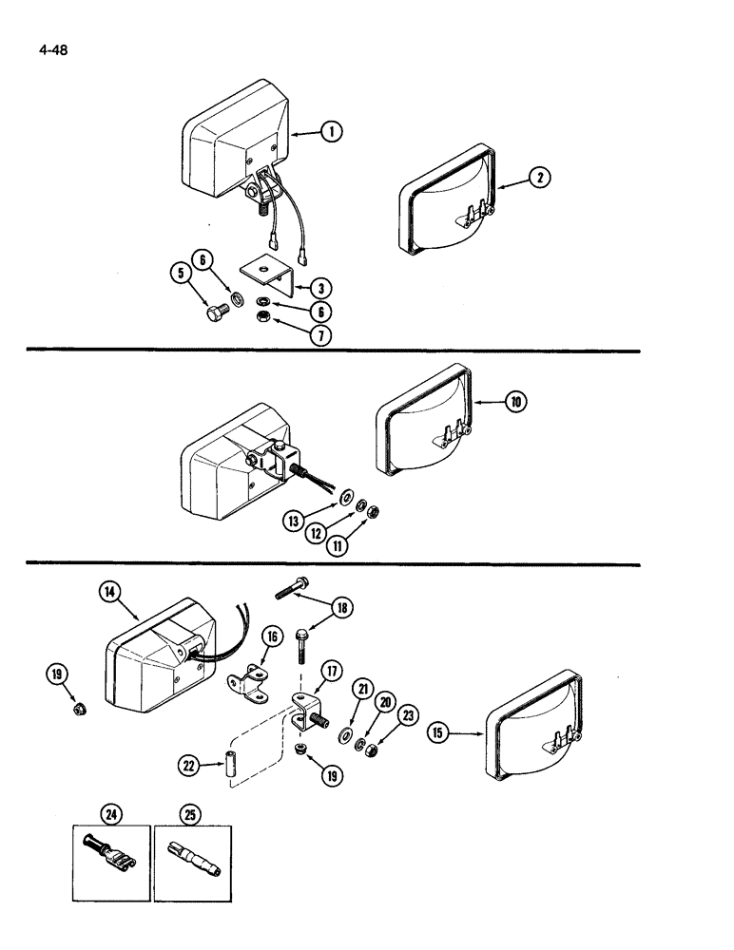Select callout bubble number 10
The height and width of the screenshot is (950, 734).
coord(514,402)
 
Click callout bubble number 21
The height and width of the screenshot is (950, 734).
coord(361,687)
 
